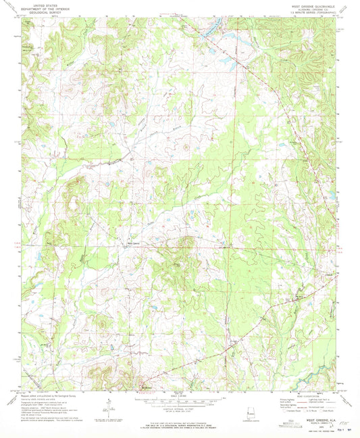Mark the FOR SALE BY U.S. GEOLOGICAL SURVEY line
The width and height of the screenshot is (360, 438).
(180, 420)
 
